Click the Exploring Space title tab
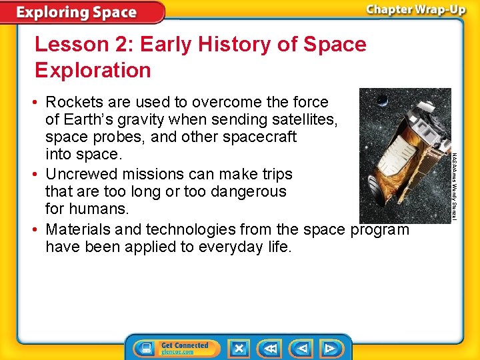77,13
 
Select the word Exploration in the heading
93,70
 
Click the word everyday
224,247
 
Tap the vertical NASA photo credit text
455,187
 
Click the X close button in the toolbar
238,348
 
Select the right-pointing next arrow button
329,348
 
